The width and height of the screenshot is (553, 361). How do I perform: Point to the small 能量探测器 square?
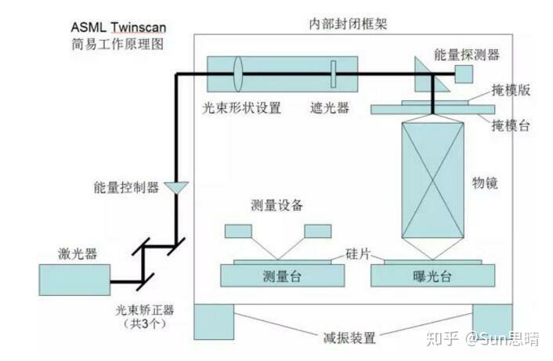463,74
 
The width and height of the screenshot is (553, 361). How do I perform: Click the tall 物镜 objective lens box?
432,179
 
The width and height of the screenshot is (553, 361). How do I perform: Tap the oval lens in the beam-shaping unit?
238,74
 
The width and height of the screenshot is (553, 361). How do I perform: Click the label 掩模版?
511,91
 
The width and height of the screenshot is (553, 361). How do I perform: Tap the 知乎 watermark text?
442,338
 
